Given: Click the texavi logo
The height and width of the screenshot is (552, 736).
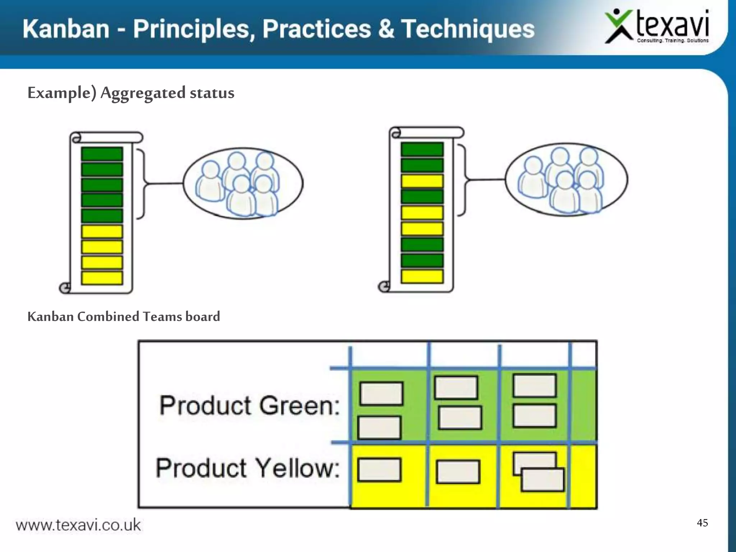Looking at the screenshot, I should click(657, 27).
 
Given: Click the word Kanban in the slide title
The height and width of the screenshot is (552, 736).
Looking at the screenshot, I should click(66, 29).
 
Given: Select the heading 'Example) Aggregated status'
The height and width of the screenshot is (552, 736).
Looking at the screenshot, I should click(131, 93).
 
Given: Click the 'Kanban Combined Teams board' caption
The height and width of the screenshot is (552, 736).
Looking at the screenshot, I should click(124, 317).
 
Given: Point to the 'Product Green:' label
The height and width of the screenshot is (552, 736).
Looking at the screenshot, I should click(249, 405).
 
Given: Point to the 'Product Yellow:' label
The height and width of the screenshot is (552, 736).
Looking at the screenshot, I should click(248, 468).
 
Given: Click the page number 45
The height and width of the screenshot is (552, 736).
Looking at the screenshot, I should click(702, 523).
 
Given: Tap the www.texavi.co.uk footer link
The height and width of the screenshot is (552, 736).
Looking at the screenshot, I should click(78, 525).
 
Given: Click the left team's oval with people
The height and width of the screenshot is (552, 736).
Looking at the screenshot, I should click(243, 183).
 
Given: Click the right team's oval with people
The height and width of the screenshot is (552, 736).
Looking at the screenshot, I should click(566, 179).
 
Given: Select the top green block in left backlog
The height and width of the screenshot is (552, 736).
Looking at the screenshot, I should click(102, 154).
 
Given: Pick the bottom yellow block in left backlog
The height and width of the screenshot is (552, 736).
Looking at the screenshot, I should click(102, 278).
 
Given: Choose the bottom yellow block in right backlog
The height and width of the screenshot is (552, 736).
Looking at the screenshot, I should click(422, 276).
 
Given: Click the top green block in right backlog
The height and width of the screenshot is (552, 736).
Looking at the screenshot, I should click(422, 149).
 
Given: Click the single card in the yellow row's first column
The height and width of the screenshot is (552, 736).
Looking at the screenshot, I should click(379, 469).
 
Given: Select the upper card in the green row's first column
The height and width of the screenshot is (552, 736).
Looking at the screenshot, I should click(381, 394).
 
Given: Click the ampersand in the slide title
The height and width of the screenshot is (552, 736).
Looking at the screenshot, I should click(386, 29).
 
